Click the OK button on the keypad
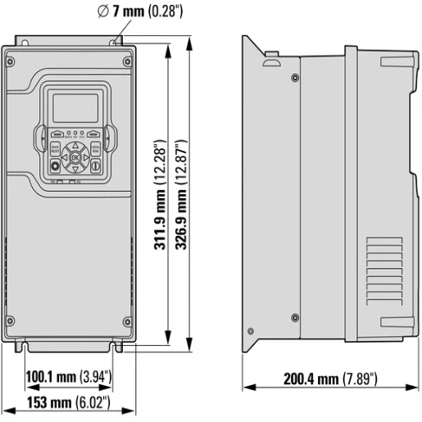[x=75, y=157]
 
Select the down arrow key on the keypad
[x=75, y=166]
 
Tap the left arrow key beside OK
[x=65, y=157]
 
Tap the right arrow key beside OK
[x=84, y=157]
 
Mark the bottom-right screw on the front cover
[x=127, y=320]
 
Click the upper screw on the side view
[x=294, y=78]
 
